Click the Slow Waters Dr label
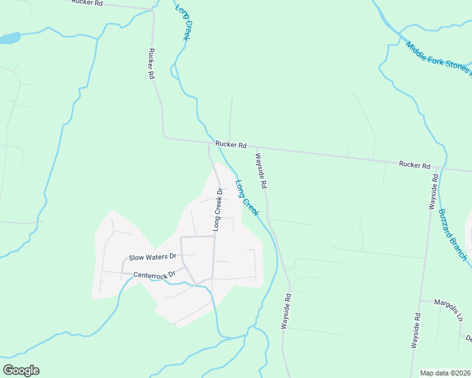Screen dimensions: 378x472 152,257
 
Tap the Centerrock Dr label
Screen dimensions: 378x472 153,275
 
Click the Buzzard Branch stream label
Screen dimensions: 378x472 454,234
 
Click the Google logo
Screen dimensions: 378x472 21,370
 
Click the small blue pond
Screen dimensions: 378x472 9,38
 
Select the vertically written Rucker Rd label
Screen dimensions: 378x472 151,64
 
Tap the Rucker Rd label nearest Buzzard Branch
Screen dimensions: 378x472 414,165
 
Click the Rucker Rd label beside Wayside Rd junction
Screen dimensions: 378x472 230,144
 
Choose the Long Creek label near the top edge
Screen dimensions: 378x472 182,23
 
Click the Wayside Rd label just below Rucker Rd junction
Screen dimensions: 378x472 261,171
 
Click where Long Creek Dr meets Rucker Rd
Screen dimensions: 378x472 209,143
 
